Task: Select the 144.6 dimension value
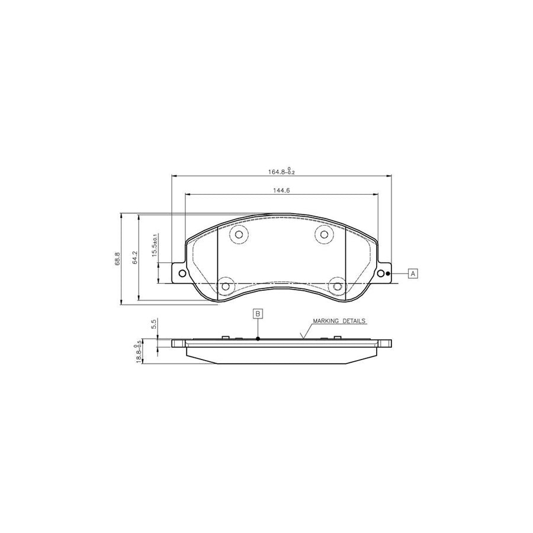coord(281,191)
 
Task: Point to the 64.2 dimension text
coord(135,259)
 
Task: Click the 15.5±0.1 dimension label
coord(155,245)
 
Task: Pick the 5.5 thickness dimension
coord(154,324)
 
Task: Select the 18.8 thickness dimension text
coord(139,354)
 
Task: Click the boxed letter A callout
coord(413,273)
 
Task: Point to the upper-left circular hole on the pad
coord(239,235)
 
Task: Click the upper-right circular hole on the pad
coord(323,235)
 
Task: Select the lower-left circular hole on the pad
coord(224,287)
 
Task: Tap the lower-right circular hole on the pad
coord(338,287)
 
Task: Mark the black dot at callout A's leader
coord(388,274)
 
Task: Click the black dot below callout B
coord(258,339)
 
